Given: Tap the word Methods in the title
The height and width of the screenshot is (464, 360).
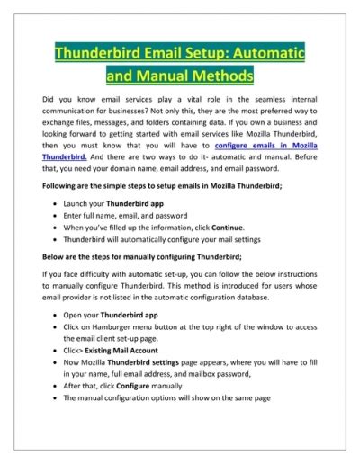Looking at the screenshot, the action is tap(216, 75).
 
